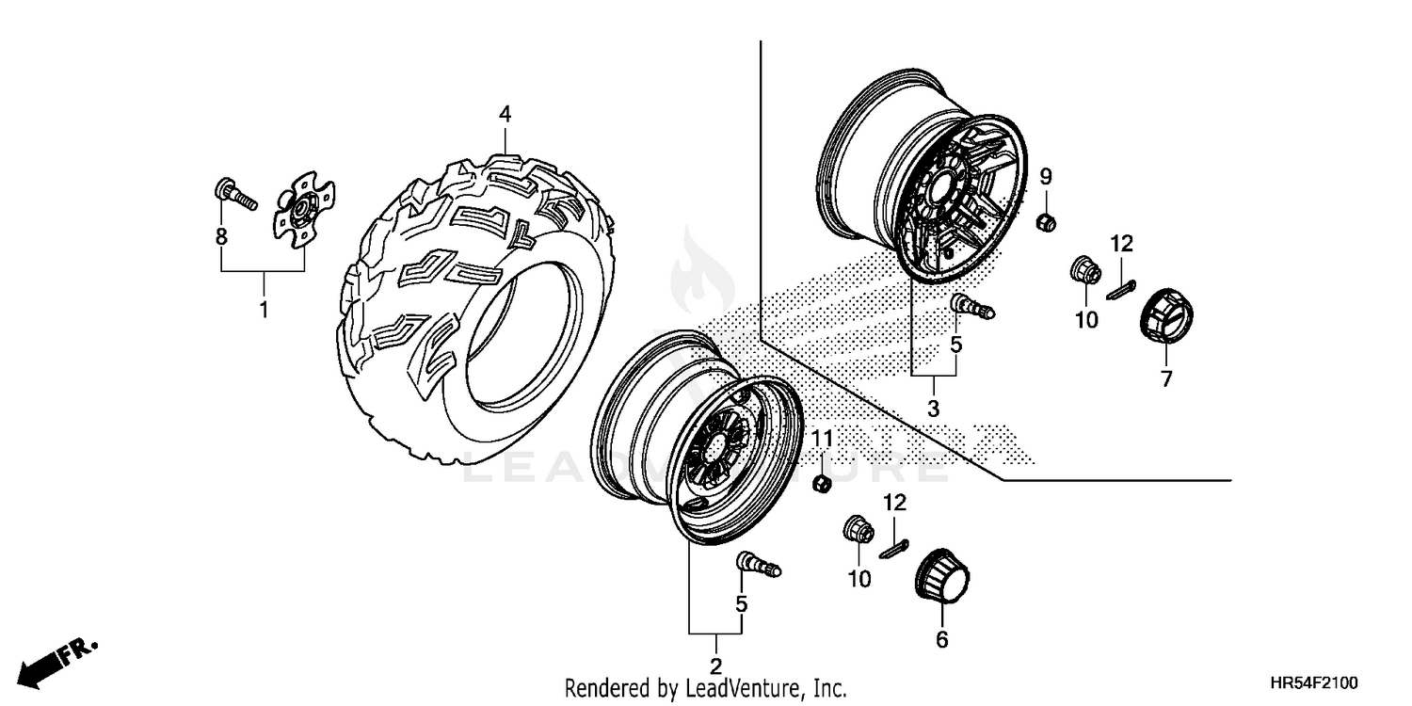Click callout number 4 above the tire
(x=505, y=114)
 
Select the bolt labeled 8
(x=234, y=196)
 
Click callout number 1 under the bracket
(x=264, y=308)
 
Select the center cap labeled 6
(x=941, y=575)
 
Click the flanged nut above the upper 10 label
(x=1083, y=270)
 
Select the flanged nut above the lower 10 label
(x=858, y=531)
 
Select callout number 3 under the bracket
(x=934, y=409)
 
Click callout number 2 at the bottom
(x=715, y=667)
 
